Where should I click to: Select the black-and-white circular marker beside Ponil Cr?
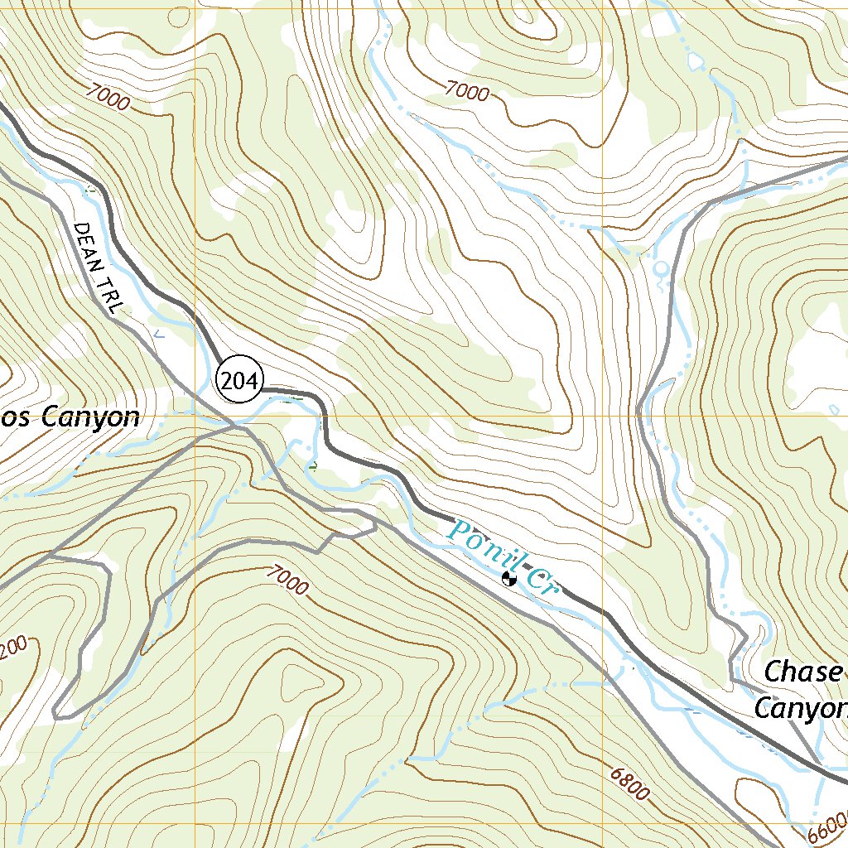(509, 579)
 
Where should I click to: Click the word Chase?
(802, 672)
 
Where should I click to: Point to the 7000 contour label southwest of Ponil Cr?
(287, 580)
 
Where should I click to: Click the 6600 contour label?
(824, 828)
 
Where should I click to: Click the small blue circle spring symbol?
(659, 268)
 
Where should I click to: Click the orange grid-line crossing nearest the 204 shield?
(196, 417)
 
